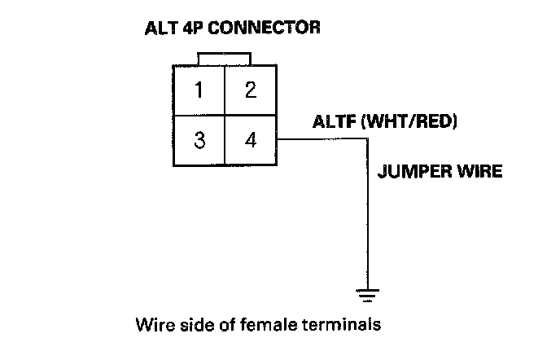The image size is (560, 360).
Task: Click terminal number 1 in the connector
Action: click(199, 90)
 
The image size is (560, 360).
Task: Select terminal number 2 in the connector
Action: click(250, 90)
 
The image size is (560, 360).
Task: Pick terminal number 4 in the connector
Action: click(250, 139)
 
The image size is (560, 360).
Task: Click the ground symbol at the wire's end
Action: click(370, 295)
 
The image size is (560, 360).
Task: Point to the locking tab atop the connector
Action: click(224, 58)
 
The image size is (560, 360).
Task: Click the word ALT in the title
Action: click(160, 28)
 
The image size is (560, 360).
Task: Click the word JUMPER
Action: click(412, 172)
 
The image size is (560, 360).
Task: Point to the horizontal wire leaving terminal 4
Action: click(322, 139)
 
